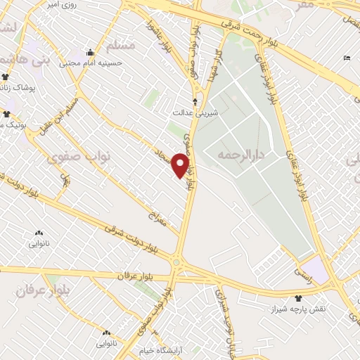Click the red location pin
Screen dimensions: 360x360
point(181,166)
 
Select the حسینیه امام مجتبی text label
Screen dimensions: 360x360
point(91,63)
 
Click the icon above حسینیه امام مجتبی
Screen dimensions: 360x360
point(89,52)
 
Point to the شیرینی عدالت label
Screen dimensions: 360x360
point(197,112)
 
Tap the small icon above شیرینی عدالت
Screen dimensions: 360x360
point(195,102)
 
